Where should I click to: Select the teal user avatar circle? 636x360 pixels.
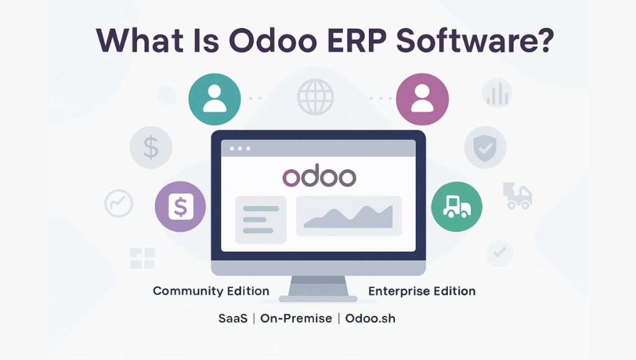[x=214, y=99]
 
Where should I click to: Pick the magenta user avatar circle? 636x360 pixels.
[x=422, y=99]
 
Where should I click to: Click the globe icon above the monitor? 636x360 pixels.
[x=315, y=97]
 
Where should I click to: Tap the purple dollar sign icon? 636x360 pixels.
[x=181, y=207]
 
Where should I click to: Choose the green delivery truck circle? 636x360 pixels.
[x=457, y=207]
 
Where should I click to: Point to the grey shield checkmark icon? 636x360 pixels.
[x=485, y=148]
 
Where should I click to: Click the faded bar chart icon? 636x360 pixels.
[x=497, y=93]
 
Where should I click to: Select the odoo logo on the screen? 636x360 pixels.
[x=319, y=176]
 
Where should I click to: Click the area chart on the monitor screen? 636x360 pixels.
[x=349, y=216]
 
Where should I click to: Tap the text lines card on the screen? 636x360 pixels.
[x=261, y=220]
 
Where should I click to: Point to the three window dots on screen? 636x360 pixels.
[x=240, y=148]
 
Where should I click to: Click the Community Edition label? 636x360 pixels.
[x=211, y=291]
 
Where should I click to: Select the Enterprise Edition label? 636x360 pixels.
[x=422, y=291]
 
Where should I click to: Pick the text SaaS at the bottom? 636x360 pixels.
[x=233, y=318]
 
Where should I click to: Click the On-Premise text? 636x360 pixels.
[x=296, y=318]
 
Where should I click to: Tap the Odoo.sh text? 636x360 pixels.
[x=370, y=318]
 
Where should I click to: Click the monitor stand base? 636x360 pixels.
[x=319, y=299]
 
